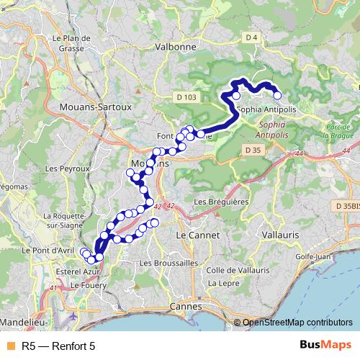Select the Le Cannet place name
click(193, 235)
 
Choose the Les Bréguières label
click(221, 202)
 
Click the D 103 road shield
click(186, 96)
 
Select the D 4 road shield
click(251, 37)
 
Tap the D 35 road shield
click(251, 150)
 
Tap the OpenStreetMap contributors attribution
click(297, 323)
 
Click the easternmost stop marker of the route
click(276, 95)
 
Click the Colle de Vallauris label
click(238, 270)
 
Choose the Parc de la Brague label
click(338, 130)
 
